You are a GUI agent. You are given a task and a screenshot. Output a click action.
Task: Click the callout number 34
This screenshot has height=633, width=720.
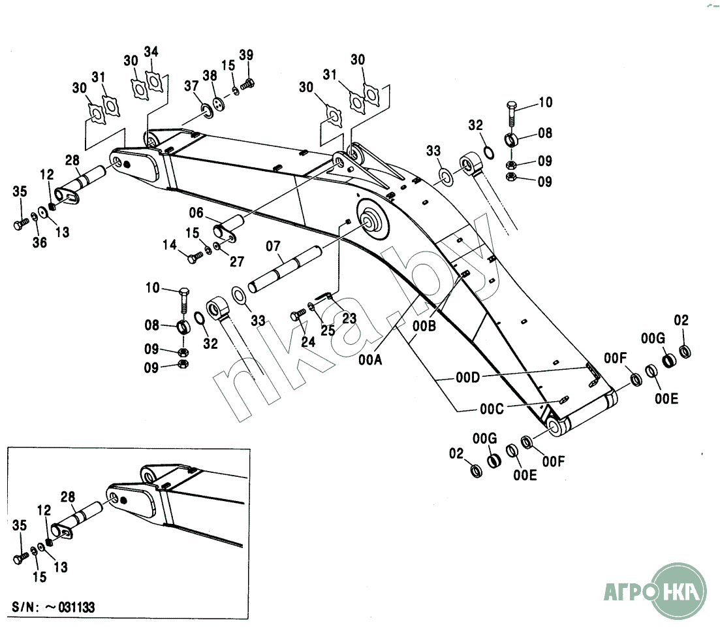(151, 52)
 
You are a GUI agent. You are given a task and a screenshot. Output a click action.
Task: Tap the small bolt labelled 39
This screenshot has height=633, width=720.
(248, 84)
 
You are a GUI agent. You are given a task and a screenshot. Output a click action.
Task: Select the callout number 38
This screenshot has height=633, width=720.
(210, 76)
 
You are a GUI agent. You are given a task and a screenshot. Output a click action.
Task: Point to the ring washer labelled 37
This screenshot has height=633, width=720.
(208, 110)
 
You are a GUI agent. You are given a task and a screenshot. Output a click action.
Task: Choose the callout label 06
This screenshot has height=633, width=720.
(196, 213)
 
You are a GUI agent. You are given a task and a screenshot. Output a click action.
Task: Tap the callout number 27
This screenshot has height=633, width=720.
(237, 262)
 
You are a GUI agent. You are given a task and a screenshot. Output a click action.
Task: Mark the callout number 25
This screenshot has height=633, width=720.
(328, 331)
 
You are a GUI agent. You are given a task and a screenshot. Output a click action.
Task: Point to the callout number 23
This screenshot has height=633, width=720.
(349, 318)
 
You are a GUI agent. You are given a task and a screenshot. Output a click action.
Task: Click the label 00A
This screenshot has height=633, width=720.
(370, 360)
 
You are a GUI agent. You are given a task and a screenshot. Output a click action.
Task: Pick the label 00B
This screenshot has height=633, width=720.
(424, 326)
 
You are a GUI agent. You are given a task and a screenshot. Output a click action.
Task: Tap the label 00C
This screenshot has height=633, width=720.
(492, 409)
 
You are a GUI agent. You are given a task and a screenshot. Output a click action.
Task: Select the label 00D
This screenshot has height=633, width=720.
(468, 378)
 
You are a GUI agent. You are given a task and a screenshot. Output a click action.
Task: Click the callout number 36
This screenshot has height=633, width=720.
(39, 242)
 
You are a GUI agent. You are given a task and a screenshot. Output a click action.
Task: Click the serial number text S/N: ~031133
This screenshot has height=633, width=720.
(54, 608)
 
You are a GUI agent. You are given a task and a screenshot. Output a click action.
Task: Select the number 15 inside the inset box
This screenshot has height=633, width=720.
(39, 577)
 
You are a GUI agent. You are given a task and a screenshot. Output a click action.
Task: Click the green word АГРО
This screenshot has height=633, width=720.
(631, 592)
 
